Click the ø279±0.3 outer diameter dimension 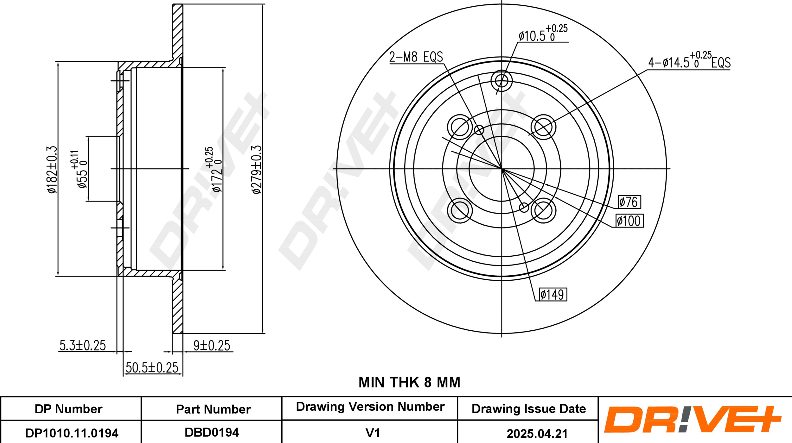coord(256,169)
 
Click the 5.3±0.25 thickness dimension coord(83,345)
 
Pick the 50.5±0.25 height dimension coord(152,367)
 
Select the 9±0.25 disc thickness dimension coord(212,346)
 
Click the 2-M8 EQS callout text coord(416,57)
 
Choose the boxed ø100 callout coord(629,221)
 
